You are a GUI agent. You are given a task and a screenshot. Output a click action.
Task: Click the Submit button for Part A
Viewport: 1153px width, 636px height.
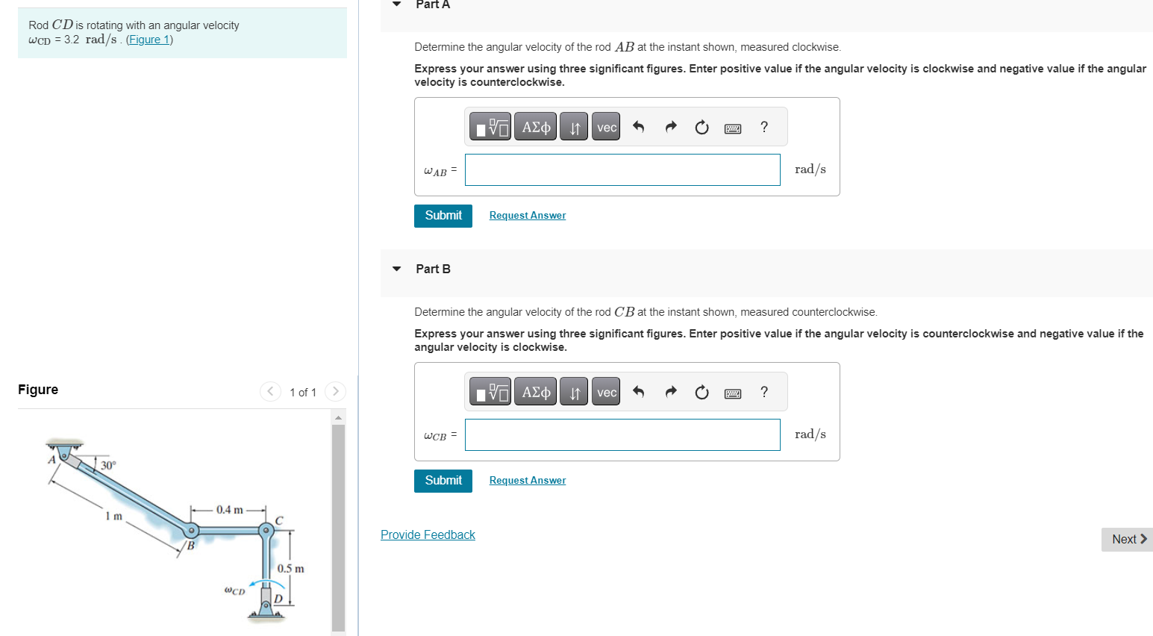tap(443, 216)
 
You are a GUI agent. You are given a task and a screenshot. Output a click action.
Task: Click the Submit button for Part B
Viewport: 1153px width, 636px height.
tap(443, 481)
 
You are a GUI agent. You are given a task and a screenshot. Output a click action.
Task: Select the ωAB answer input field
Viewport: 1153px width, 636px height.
tap(622, 170)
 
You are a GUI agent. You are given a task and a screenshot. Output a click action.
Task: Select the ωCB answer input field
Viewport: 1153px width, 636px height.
tap(622, 435)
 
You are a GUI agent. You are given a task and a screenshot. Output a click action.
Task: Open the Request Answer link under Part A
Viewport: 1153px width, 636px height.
tap(527, 216)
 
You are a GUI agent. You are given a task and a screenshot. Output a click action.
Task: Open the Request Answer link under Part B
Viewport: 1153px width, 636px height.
tap(527, 481)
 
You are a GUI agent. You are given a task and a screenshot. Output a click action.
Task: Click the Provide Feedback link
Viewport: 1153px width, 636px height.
tap(428, 535)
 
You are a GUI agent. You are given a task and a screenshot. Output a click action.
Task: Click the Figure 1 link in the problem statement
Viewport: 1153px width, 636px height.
tap(149, 40)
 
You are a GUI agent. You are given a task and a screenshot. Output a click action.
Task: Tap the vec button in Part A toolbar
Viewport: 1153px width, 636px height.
tap(606, 128)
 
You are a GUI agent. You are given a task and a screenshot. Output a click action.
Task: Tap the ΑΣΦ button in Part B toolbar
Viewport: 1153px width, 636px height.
tap(536, 393)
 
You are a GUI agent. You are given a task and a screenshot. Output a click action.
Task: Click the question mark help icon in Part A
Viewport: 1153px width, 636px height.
tap(763, 128)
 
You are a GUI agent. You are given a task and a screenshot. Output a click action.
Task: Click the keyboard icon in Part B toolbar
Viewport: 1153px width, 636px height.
tap(732, 393)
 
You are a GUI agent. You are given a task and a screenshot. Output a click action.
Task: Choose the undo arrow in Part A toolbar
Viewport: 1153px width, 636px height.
tap(638, 128)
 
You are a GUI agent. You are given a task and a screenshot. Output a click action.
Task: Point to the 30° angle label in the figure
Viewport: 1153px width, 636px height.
tap(108, 466)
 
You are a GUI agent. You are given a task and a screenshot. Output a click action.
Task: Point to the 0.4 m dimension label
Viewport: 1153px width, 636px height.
tap(229, 510)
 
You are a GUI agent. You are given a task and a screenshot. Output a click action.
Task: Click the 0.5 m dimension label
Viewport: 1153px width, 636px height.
tap(290, 569)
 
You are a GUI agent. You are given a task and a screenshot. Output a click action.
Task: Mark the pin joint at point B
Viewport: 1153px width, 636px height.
tap(192, 531)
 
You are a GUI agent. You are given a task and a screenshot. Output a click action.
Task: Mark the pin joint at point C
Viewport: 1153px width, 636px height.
tap(265, 530)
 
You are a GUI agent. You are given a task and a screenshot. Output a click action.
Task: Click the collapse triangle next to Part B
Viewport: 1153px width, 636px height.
tap(397, 269)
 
